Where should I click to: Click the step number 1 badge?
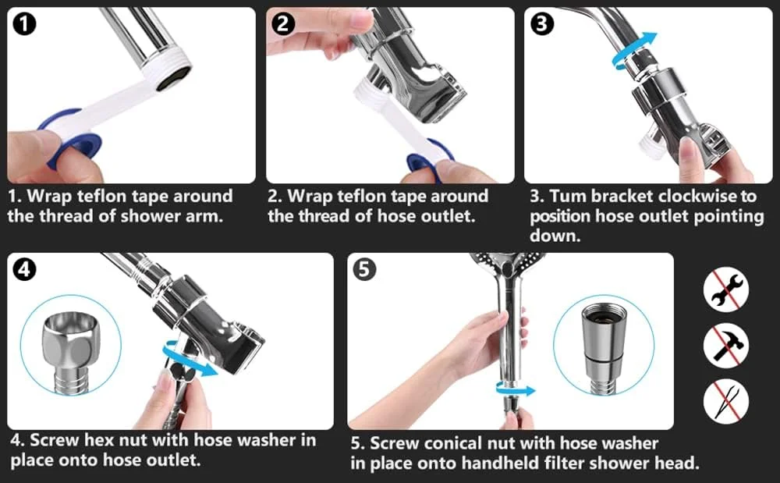pyautogui.click(x=24, y=24)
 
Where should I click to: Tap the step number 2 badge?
pyautogui.click(x=282, y=23)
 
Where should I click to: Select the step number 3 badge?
pyautogui.click(x=542, y=23)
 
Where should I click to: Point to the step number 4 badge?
pyautogui.click(x=24, y=269)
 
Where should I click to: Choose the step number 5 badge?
pyautogui.click(x=364, y=269)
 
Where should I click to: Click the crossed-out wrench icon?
pyautogui.click(x=726, y=289)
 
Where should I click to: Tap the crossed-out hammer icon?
pyautogui.click(x=726, y=345)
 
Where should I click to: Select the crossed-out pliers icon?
pyautogui.click(x=726, y=401)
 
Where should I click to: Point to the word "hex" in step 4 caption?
pyautogui.click(x=101, y=440)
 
